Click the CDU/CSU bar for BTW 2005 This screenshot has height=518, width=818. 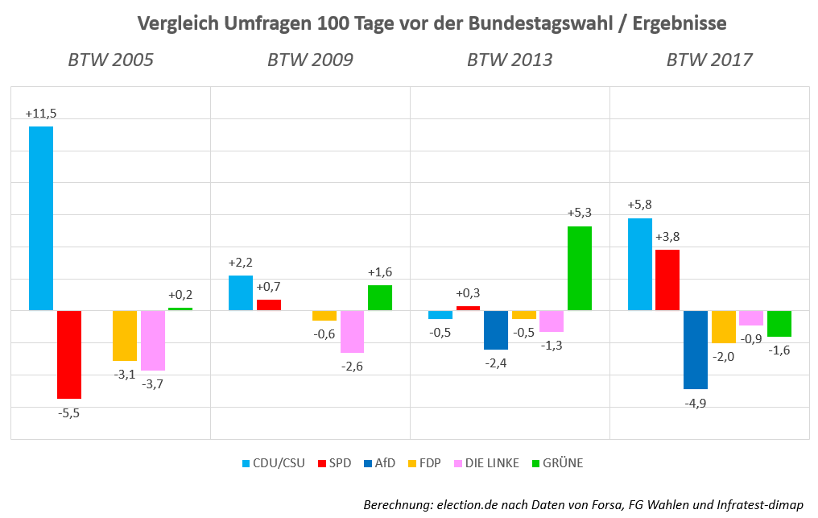point(41,218)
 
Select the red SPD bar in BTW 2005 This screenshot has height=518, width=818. point(69,354)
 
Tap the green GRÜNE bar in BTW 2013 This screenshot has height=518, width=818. point(580,268)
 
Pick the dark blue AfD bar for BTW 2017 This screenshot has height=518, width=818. point(696,350)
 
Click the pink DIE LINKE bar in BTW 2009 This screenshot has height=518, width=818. point(352,332)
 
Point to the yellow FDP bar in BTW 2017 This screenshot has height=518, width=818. point(724,327)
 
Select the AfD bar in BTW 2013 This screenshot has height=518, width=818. point(496,330)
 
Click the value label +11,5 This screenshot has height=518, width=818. point(40,114)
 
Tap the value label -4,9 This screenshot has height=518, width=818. point(695,403)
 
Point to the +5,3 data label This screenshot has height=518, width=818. point(580,213)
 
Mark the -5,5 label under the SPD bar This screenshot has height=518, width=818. point(68,412)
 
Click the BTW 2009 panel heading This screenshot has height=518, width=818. point(310,60)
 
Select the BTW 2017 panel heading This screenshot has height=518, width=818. point(709,60)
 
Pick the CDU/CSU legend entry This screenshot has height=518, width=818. point(274,463)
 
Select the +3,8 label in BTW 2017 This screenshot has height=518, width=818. point(668,238)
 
